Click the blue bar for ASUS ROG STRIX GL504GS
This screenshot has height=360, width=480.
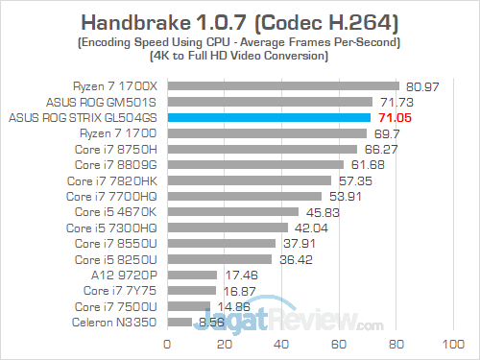pyautogui.click(x=269, y=117)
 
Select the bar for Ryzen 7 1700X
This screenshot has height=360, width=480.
pyautogui.click(x=283, y=85)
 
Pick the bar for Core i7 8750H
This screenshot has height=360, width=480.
pyautogui.click(x=262, y=149)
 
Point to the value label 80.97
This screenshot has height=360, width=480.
pyautogui.click(x=424, y=85)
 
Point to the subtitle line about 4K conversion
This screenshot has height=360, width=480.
pyautogui.click(x=239, y=57)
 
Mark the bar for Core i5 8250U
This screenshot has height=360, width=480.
pyautogui.click(x=220, y=258)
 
